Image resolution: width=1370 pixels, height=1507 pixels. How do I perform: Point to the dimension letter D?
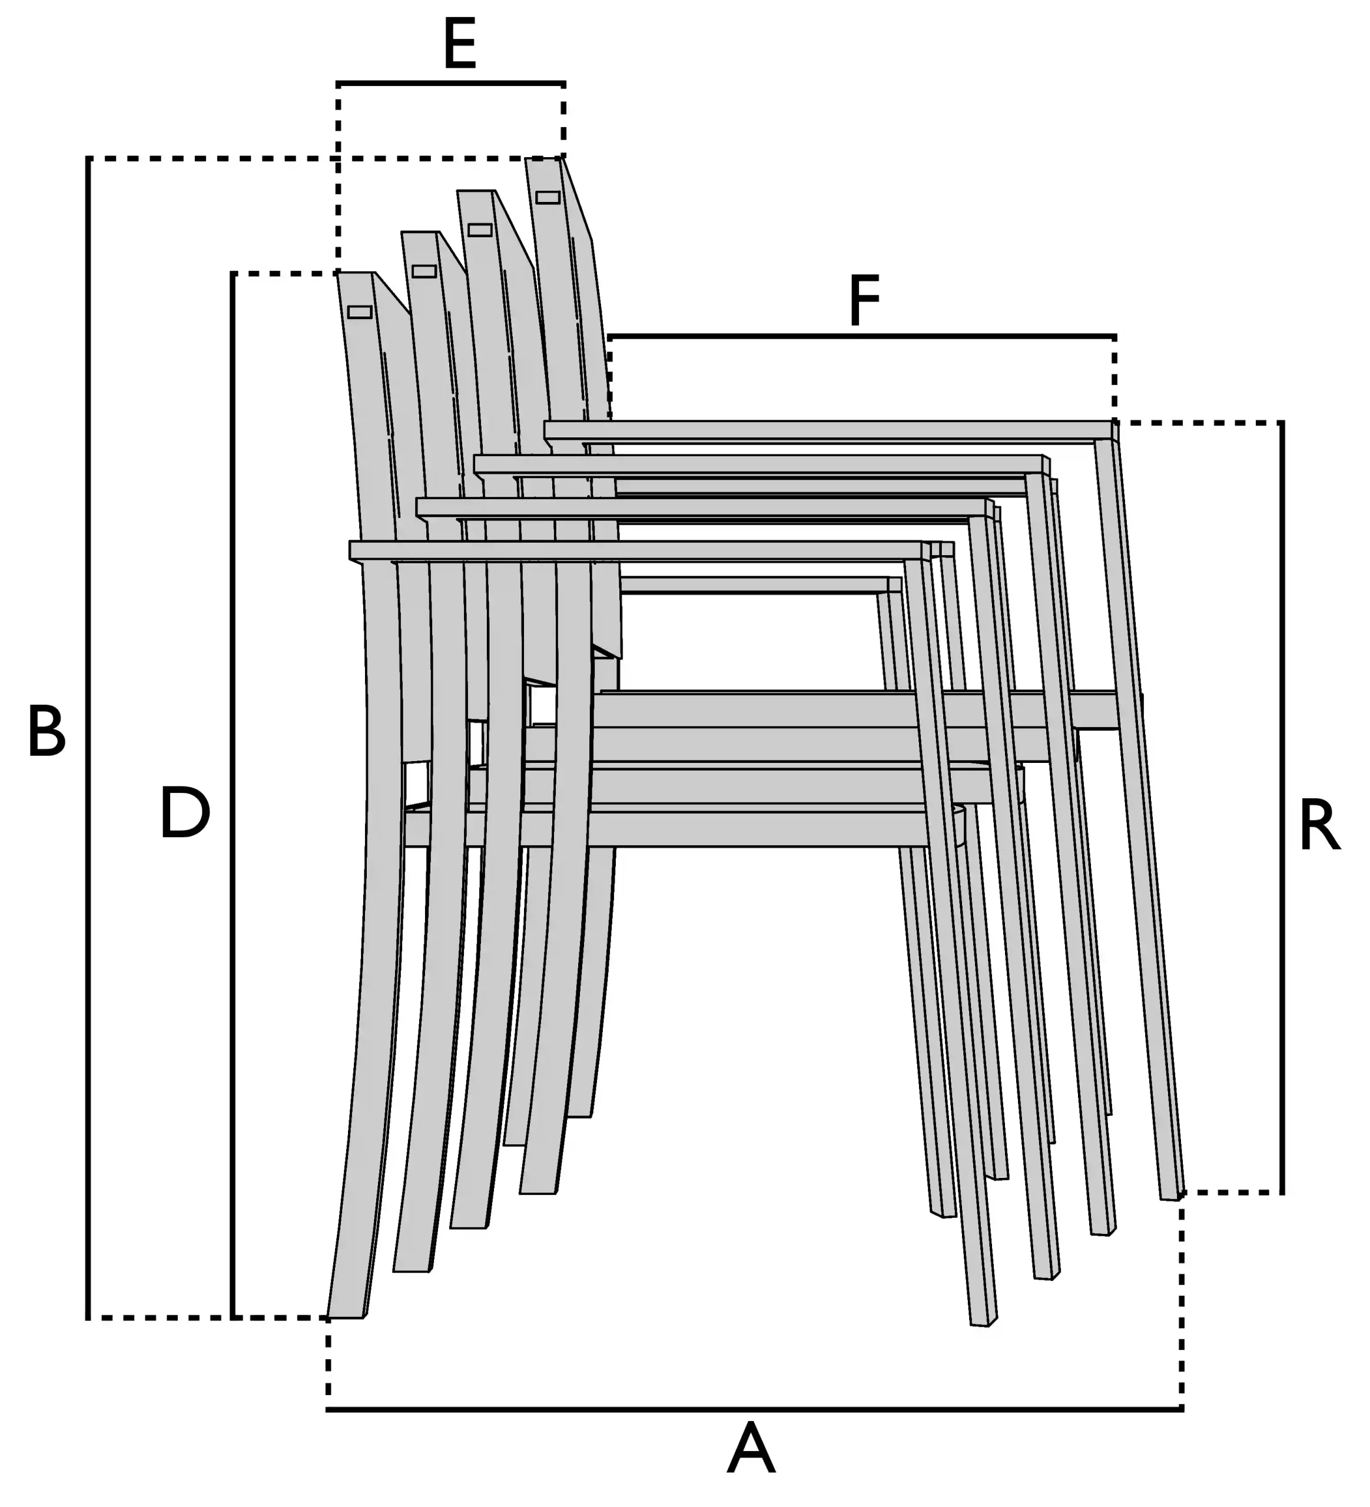click(x=185, y=812)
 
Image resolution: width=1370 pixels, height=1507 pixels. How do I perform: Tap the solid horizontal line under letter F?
click(x=862, y=336)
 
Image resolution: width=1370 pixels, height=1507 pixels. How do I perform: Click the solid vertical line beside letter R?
click(x=1282, y=807)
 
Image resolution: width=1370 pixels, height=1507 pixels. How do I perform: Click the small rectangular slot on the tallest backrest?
click(x=548, y=197)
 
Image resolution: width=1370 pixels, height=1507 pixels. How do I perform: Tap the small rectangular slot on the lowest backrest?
click(x=360, y=312)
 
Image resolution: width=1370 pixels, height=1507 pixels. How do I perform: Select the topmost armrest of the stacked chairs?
click(x=830, y=430)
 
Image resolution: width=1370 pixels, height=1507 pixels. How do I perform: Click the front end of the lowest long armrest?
click(x=926, y=551)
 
